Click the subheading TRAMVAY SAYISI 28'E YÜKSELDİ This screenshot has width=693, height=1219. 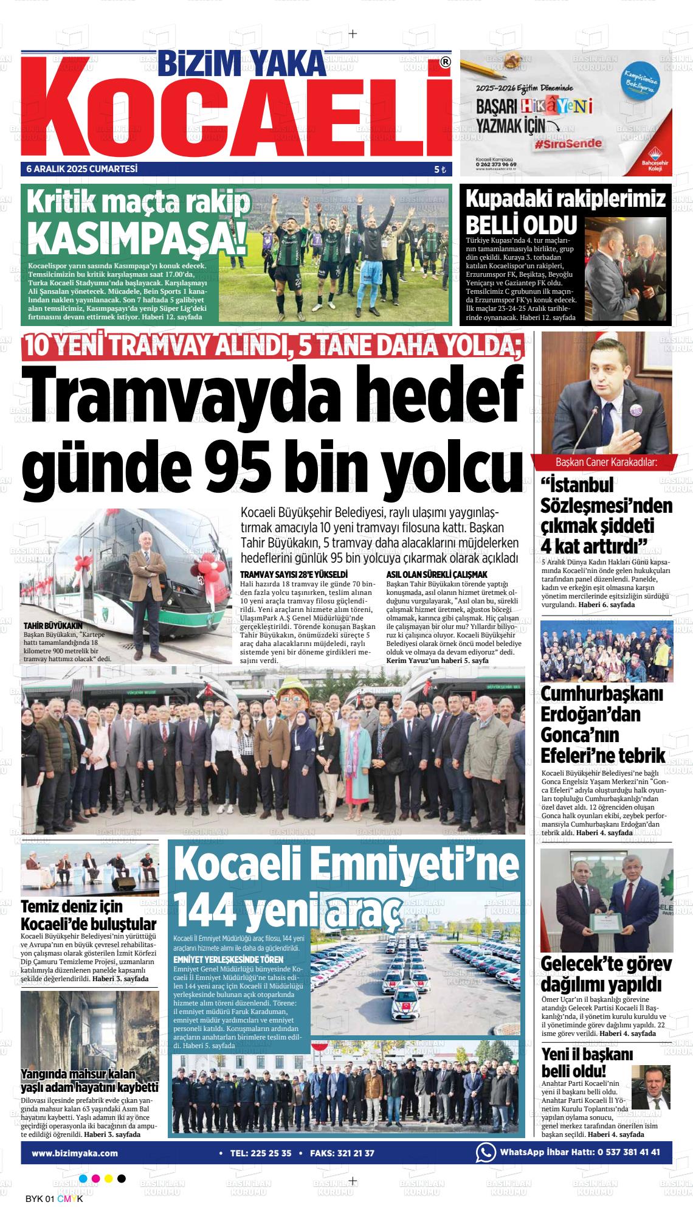coord(294,574)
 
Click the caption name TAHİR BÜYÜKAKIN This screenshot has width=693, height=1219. coord(52,625)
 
